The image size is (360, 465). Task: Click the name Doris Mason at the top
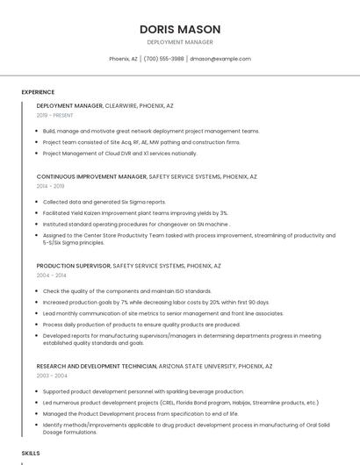pyautogui.click(x=180, y=29)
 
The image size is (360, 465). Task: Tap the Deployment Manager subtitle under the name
pyautogui.click(x=180, y=42)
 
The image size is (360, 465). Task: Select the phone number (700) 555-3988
pyautogui.click(x=163, y=59)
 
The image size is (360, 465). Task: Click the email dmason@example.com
pyautogui.click(x=220, y=59)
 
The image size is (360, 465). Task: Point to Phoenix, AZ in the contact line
pyautogui.click(x=123, y=59)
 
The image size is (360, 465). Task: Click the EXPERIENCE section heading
pyautogui.click(x=38, y=92)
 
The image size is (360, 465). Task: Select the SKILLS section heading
pyautogui.click(x=31, y=453)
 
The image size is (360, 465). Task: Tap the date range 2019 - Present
pyautogui.click(x=55, y=115)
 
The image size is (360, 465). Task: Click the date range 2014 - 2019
pyautogui.click(x=51, y=186)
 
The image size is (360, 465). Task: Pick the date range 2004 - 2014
pyautogui.click(x=51, y=275)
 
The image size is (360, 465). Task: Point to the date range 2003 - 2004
pyautogui.click(x=51, y=376)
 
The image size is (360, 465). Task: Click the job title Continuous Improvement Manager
pyautogui.click(x=91, y=176)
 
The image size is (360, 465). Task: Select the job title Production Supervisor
pyautogui.click(x=74, y=265)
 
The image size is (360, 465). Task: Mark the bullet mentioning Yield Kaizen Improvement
pyautogui.click(x=135, y=212)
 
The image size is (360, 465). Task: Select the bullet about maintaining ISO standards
pyautogui.click(x=127, y=290)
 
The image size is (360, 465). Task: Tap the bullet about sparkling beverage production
pyautogui.click(x=143, y=391)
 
